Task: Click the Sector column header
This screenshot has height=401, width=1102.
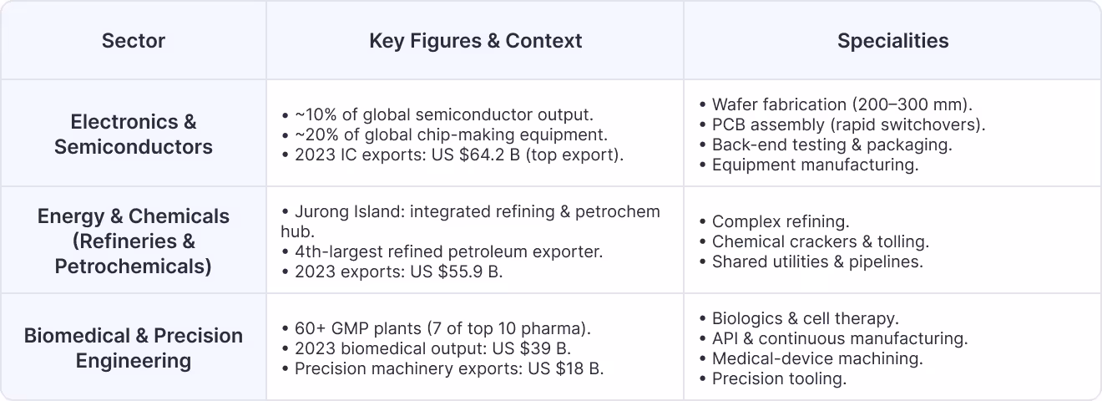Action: (134, 41)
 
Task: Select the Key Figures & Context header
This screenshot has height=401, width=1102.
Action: (475, 41)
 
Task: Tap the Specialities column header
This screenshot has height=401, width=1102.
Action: (892, 41)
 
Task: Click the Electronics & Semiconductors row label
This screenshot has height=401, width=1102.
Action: (134, 134)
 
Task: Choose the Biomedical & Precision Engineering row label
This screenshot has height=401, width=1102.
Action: (134, 348)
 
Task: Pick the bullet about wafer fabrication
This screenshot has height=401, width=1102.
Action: (842, 104)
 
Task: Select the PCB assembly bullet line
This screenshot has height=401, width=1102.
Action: (848, 124)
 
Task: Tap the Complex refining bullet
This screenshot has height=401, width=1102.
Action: (780, 221)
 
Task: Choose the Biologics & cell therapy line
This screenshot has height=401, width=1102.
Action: (805, 318)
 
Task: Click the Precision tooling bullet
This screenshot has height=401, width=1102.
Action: (779, 378)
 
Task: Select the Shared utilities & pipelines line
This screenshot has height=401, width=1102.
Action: (816, 261)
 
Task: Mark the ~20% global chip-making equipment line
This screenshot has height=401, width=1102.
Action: (451, 135)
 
